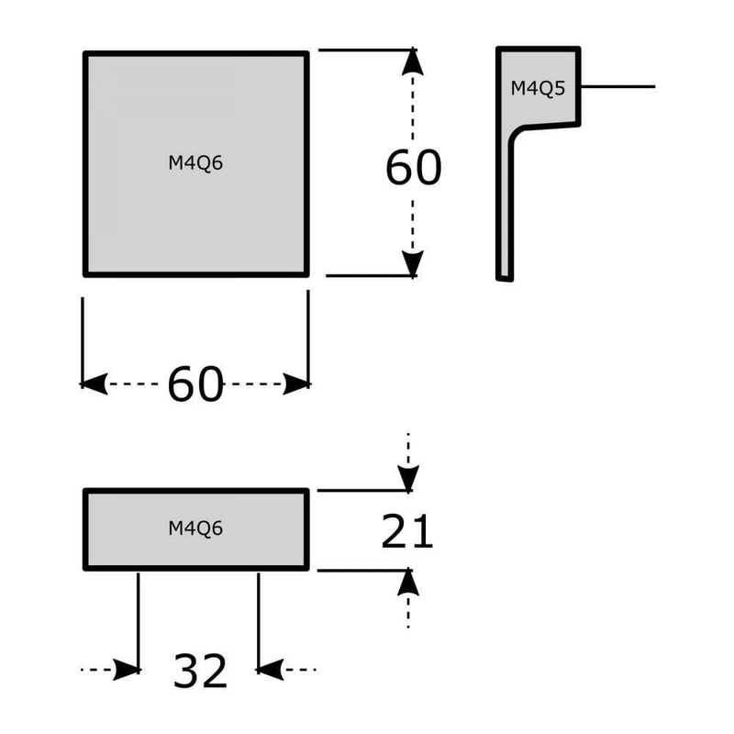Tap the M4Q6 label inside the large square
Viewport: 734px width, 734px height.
(196, 163)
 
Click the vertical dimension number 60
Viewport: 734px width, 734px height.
(413, 168)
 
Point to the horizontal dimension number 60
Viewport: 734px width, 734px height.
(195, 384)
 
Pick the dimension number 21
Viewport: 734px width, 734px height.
(406, 531)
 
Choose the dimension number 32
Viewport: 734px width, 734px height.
(199, 673)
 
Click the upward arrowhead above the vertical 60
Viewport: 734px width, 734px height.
(413, 61)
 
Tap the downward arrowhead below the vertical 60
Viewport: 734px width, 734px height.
(413, 263)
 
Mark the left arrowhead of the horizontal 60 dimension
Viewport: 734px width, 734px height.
(95, 384)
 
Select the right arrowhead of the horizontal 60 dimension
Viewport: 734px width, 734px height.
(296, 384)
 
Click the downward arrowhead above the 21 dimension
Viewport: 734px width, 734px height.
(408, 478)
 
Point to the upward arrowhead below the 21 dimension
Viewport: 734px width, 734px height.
(408, 582)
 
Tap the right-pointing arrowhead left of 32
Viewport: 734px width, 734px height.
(126, 671)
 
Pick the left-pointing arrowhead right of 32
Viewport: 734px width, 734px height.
(272, 671)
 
